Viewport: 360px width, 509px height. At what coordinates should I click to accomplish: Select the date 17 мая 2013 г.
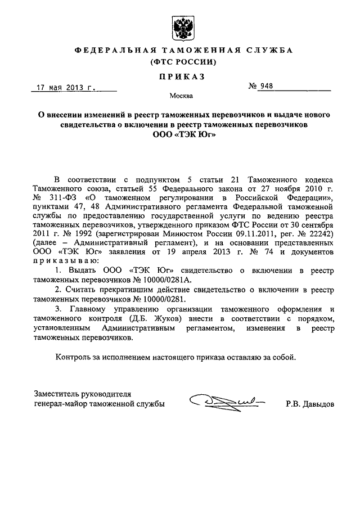pyautogui.click(x=66, y=88)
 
